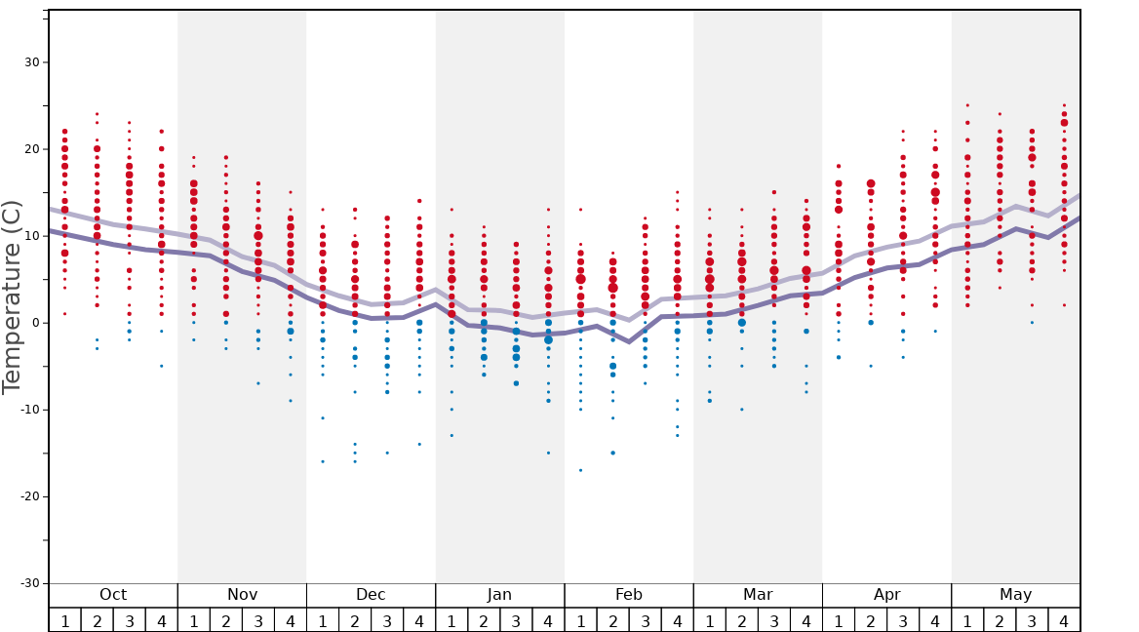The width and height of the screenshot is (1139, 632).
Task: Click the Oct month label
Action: [113, 595]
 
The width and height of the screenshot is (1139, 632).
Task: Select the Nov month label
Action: [242, 595]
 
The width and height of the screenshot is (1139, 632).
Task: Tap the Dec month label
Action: [371, 595]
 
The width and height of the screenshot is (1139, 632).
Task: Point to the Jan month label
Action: [499, 595]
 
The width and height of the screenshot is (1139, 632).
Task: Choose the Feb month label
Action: [628, 595]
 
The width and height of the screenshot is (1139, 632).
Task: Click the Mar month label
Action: [758, 595]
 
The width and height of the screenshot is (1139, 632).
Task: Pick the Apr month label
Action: [886, 595]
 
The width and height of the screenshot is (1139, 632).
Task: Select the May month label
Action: [1015, 595]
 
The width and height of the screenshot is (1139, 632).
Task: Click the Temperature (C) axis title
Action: [12, 296]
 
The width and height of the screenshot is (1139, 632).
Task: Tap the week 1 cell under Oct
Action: [65, 620]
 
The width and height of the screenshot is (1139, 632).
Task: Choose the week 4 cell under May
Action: [1064, 620]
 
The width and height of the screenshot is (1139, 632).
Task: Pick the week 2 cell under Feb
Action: [612, 620]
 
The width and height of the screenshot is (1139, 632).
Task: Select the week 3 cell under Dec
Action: [387, 620]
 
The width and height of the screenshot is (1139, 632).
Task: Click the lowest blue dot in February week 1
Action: [580, 470]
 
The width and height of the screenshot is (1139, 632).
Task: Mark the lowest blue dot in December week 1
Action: [323, 461]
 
